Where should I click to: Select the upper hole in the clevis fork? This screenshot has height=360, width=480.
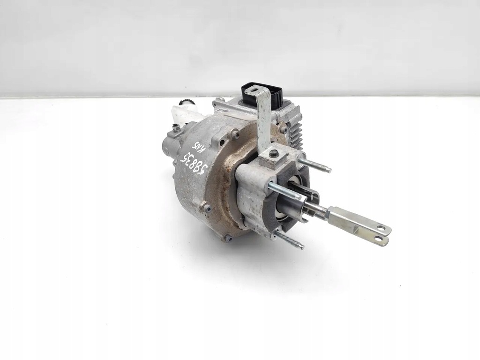coord(383,229)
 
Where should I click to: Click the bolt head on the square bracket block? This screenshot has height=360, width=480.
coord(274,153)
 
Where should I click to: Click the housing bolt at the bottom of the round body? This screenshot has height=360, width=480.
coord(228,238)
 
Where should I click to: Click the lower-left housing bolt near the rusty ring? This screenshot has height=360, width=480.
coord(206,207)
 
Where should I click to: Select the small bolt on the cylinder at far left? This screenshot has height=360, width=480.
coord(176,127)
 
